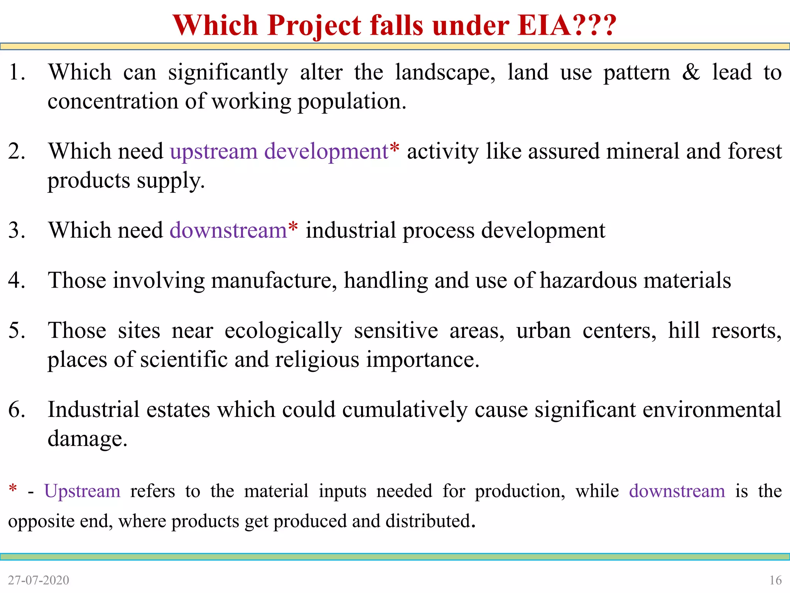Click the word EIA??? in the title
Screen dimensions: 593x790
567,25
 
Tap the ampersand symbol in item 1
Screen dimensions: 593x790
690,72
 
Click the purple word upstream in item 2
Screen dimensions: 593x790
213,151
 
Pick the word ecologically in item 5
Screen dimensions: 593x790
283,331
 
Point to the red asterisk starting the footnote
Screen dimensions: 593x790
13,488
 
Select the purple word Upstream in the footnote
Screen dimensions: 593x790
82,491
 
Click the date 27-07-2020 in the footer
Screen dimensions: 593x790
39,580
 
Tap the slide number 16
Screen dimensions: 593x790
775,580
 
